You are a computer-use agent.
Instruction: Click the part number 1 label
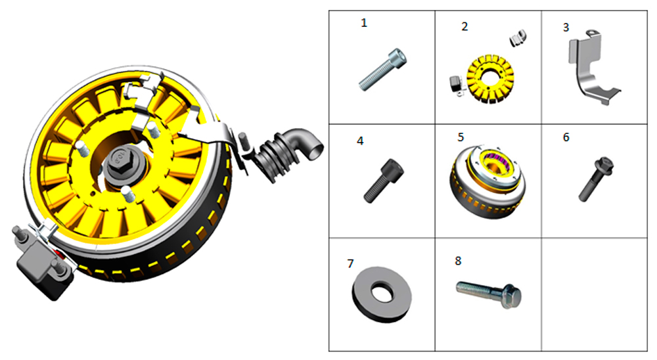[364, 22]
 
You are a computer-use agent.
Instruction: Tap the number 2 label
[464, 26]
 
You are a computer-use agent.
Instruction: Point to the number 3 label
[566, 28]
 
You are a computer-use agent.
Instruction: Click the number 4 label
[360, 141]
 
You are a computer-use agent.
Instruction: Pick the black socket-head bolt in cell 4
[384, 181]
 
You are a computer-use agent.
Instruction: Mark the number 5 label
[461, 137]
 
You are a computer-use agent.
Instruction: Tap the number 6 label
[566, 137]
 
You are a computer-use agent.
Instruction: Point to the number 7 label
[350, 263]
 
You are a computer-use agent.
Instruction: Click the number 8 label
[458, 261]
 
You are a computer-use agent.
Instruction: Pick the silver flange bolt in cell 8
[489, 292]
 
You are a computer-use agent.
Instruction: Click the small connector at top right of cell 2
[518, 37]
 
